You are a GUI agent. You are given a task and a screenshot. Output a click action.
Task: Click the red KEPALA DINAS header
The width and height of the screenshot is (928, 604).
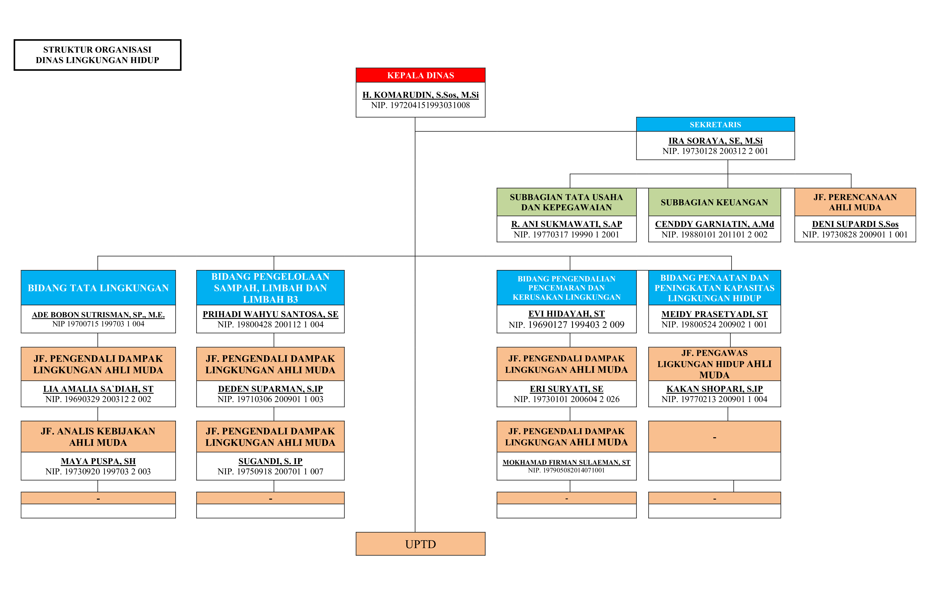pos(420,75)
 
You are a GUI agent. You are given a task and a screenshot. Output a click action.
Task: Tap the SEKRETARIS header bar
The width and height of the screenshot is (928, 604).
pos(715,125)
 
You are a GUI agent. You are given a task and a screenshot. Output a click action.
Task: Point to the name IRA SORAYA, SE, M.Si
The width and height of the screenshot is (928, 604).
pos(715,141)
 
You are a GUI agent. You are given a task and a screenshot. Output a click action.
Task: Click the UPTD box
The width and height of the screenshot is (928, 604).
pos(420,544)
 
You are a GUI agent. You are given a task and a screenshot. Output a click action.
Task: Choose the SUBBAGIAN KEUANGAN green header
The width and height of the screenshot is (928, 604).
pos(714,202)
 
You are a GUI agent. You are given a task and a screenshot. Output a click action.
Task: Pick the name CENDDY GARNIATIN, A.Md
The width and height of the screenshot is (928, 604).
pos(714,224)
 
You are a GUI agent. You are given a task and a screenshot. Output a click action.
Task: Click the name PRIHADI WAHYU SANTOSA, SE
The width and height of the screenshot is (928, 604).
pos(270,314)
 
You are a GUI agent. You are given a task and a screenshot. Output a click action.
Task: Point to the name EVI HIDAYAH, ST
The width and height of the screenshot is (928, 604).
pos(566,314)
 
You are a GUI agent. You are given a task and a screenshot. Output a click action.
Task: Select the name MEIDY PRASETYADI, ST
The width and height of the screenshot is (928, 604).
pos(714,314)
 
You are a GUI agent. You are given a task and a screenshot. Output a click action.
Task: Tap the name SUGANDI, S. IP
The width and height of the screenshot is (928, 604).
pos(270,461)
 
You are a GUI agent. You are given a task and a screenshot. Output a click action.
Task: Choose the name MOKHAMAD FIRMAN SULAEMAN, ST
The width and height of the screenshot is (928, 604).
pos(566,462)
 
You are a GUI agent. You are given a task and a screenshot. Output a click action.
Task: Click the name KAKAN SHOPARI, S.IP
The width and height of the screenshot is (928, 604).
pos(714,389)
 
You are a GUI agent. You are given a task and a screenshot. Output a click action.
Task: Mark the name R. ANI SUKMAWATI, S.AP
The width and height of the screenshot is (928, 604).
pos(566,224)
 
